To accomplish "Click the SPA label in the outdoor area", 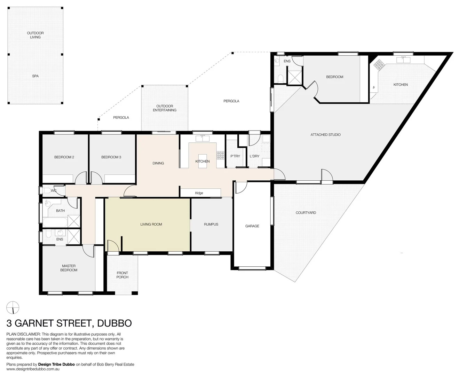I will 35,76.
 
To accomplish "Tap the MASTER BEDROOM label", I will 69,268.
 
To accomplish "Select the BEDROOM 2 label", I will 64,157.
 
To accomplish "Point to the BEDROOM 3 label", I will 111,157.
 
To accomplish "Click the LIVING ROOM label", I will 151,224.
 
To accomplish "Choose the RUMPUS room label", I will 211,224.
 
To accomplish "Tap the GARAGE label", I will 252,226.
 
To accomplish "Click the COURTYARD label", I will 306,212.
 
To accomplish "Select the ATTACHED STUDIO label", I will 325,134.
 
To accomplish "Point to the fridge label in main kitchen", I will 199,193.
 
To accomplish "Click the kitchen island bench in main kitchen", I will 202,161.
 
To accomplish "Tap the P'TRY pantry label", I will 235,156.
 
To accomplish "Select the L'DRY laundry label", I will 254,156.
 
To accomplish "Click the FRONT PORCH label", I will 122,275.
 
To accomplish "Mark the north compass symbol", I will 13,308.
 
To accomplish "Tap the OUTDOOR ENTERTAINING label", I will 165,108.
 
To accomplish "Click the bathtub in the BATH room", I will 54,221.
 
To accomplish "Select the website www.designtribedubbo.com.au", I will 34,369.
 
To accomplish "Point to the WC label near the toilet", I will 54,191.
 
